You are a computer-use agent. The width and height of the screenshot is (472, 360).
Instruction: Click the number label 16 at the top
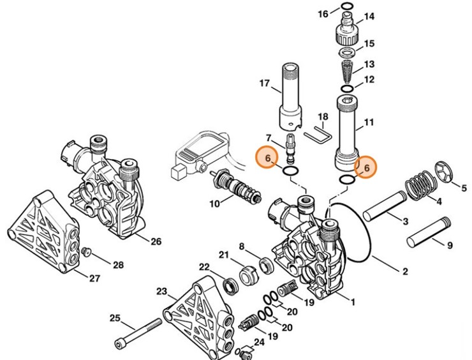point(323,14)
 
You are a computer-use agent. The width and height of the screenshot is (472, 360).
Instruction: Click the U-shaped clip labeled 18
point(317,136)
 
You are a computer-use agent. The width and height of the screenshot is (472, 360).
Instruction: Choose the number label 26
point(156,241)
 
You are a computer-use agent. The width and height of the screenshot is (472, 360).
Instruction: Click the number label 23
point(161,292)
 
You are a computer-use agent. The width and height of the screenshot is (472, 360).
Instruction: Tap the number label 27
point(94,278)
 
